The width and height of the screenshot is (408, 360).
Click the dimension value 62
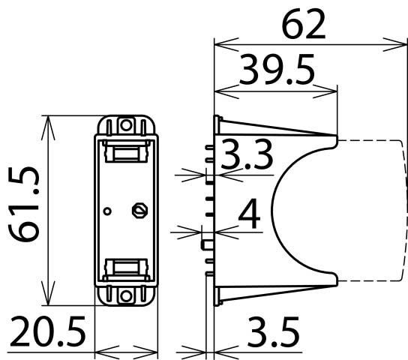click(x=304, y=24)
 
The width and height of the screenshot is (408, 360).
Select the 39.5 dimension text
click(x=277, y=69)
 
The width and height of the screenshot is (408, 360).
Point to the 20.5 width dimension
click(x=47, y=331)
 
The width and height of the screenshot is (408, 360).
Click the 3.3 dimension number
click(x=247, y=154)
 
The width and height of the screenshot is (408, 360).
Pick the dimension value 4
click(x=249, y=214)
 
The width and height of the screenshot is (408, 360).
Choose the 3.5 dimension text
click(x=273, y=331)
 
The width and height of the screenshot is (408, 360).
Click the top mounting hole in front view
click(x=127, y=125)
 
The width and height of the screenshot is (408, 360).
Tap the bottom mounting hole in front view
click(x=126, y=295)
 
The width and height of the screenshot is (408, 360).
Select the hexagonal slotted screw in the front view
click(x=140, y=210)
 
